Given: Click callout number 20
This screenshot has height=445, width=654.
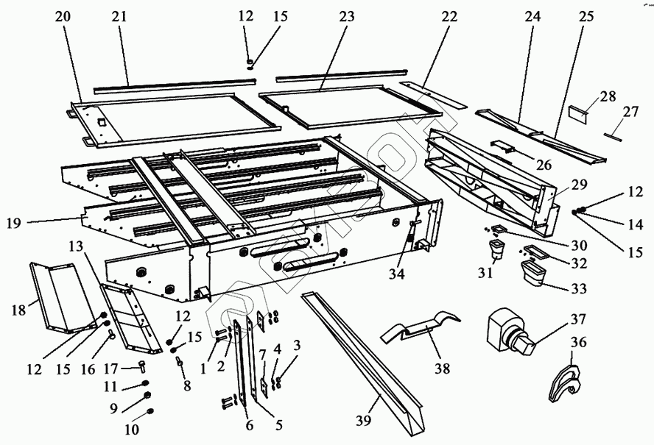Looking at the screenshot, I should (x=64, y=16).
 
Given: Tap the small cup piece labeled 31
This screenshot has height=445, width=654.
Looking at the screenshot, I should (x=497, y=250).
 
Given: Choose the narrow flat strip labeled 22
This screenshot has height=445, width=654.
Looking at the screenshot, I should (x=435, y=94).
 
